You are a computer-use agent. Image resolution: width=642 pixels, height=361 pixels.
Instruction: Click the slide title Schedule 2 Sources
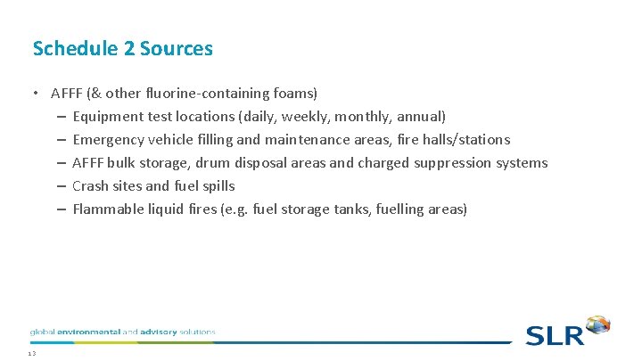pyautogui.click(x=122, y=48)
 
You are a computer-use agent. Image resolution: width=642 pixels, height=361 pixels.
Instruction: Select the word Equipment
pyautogui.click(x=108, y=116)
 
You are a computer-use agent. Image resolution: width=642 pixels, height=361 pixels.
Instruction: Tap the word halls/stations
pyautogui.click(x=466, y=139)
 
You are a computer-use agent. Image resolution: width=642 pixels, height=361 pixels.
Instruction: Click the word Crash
pyautogui.click(x=90, y=185)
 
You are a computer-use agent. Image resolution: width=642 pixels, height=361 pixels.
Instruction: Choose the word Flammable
pyautogui.click(x=110, y=209)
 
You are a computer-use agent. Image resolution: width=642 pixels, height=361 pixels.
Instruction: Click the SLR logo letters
pyautogui.click(x=554, y=335)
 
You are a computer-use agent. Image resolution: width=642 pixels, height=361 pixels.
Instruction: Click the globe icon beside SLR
pyautogui.click(x=597, y=324)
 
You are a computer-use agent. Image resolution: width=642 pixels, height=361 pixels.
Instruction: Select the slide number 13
pyautogui.click(x=31, y=354)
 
